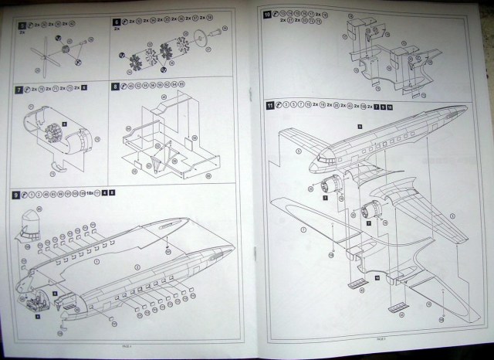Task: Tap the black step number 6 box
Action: (x=117, y=24)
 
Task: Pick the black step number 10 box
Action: (x=267, y=14)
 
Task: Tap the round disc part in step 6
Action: (x=199, y=37)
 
